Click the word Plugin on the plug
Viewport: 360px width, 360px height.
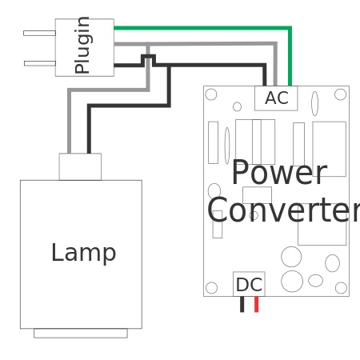tap(82, 46)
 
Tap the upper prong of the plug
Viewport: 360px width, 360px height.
tap(39, 33)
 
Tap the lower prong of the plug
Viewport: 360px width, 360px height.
tap(39, 62)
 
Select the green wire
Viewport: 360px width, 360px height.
tap(289, 48)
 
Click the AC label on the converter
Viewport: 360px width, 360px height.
tap(276, 98)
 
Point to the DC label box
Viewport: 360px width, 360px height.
tap(249, 285)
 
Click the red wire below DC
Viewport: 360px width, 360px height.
tap(256, 304)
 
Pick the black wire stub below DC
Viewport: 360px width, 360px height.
tap(242, 304)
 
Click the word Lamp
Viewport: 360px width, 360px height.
tap(83, 253)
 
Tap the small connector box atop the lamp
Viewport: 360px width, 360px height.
tap(80, 166)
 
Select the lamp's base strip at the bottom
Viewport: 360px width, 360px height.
tap(80, 333)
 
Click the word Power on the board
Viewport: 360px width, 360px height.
tap(278, 174)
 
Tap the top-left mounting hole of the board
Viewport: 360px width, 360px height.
tap(211, 94)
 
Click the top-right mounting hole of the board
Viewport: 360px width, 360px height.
tap(340, 94)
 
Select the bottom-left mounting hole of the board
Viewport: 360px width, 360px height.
tap(211, 288)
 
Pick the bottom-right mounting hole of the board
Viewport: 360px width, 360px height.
tap(341, 288)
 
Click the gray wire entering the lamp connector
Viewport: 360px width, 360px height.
tap(70, 128)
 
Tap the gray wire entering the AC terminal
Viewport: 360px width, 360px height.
tap(274, 64)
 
